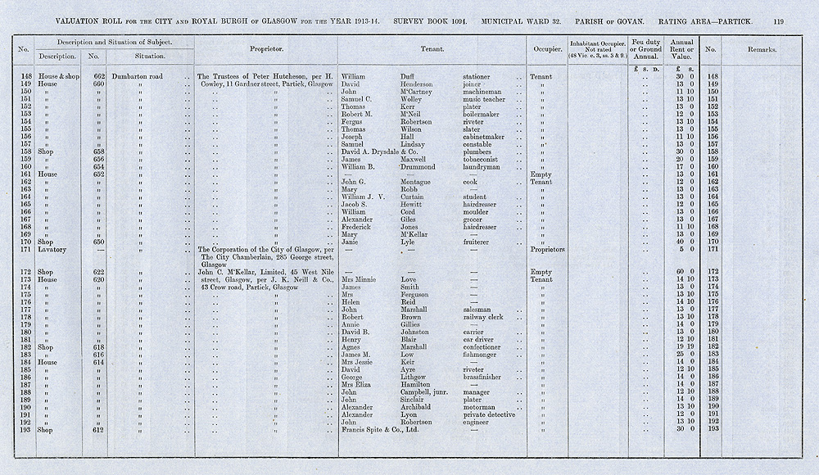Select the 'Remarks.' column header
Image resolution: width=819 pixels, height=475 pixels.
click(762, 49)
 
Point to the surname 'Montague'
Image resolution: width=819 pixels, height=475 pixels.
click(419, 182)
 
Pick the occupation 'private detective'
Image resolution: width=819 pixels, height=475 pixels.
click(490, 414)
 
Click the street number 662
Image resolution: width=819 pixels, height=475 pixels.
click(98, 76)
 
